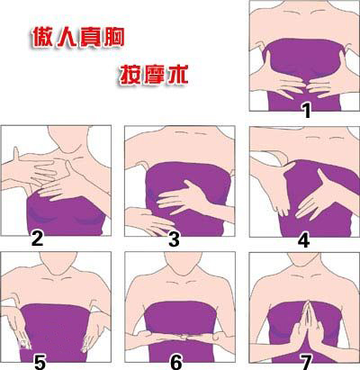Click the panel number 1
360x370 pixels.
point(306,111)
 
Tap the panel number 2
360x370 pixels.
point(37,239)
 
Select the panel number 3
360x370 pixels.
point(174,239)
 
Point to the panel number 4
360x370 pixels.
point(303,240)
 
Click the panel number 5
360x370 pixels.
point(40,362)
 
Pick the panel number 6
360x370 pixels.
point(176,362)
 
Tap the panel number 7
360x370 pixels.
point(306,362)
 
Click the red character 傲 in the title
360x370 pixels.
point(41,37)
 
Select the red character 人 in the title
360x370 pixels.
point(65,37)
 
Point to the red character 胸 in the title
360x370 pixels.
point(113,37)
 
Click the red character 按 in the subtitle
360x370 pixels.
point(130,75)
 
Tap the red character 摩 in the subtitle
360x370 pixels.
point(154,75)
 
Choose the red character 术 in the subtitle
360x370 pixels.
point(177,75)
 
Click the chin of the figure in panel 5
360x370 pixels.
point(57,271)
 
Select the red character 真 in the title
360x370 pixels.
point(89,37)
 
